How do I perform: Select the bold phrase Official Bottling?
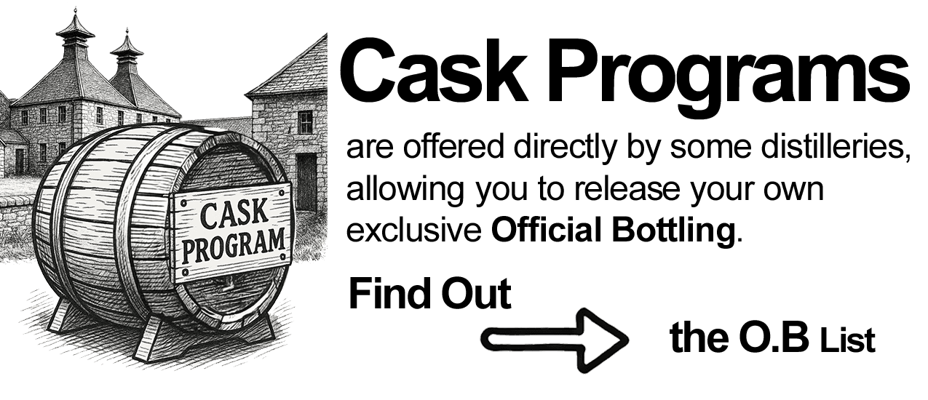tap(611, 231)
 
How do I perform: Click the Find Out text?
tap(429, 295)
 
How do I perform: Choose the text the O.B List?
tap(772, 340)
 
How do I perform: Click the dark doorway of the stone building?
tap(306, 183)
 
